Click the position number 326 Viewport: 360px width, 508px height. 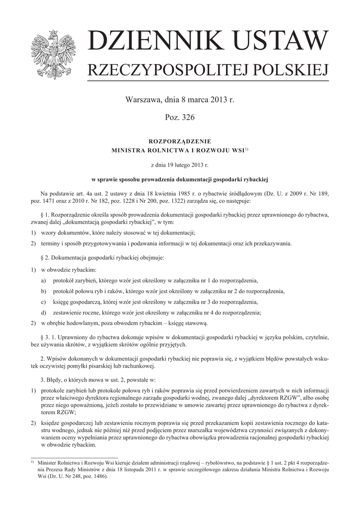pyautogui.click(x=189, y=118)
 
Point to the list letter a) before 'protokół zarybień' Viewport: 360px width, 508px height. pyautogui.click(x=44, y=280)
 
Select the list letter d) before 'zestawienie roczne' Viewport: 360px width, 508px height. pyautogui.click(x=44, y=313)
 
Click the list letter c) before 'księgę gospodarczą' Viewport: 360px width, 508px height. pyautogui.click(x=44, y=302)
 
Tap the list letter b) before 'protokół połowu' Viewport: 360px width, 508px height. pyautogui.click(x=44, y=291)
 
